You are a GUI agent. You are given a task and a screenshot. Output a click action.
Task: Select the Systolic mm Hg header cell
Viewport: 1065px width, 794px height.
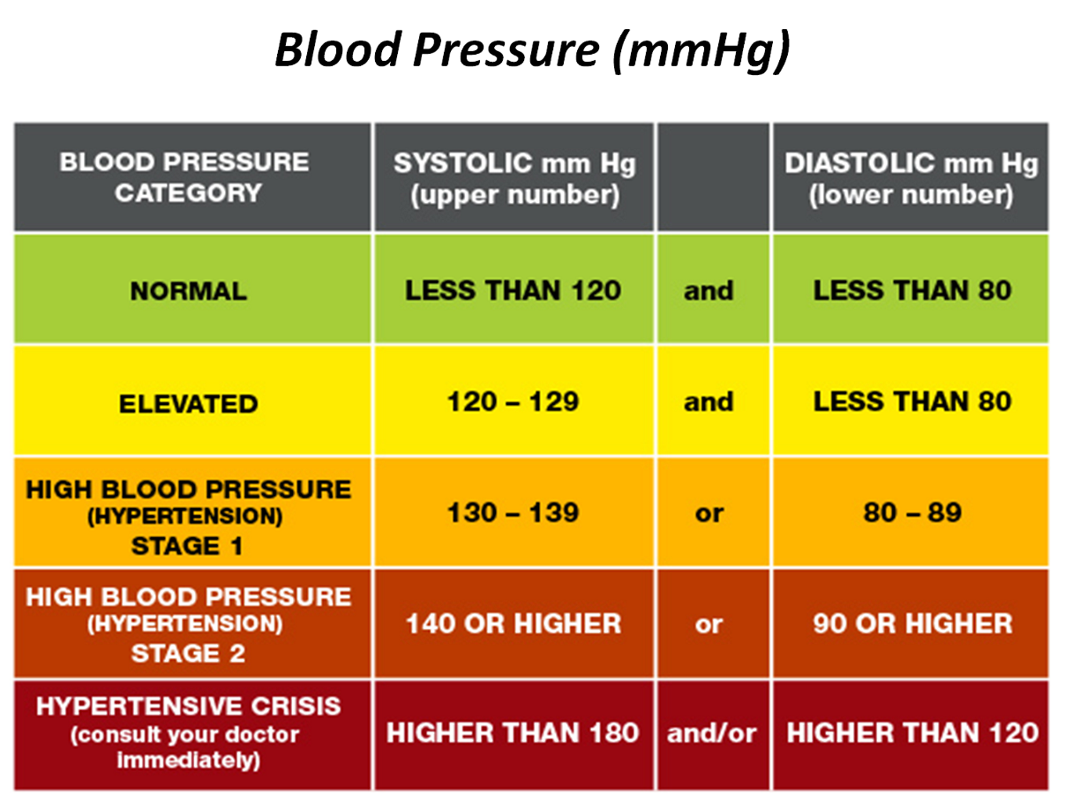point(514,177)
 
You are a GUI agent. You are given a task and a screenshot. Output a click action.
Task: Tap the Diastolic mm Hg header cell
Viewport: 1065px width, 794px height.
point(911,177)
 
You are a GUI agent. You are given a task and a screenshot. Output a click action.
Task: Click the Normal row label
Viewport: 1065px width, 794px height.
point(189,291)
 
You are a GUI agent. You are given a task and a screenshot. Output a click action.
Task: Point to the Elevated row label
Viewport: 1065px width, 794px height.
point(189,403)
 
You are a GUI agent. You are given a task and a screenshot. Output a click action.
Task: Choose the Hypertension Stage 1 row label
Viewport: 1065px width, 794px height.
point(189,517)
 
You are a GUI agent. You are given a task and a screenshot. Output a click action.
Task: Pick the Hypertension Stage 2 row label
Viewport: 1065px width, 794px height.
point(189,625)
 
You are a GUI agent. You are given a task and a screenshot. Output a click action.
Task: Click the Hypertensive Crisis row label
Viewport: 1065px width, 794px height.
point(189,733)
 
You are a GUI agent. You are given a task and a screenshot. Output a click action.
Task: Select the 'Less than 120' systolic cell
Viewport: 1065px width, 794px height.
point(514,290)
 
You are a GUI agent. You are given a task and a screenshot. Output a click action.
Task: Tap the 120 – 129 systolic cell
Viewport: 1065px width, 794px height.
point(514,402)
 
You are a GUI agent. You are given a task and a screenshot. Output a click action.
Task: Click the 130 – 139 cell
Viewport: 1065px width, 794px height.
point(514,513)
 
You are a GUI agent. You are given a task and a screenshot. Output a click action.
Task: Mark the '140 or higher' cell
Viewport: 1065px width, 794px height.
point(514,624)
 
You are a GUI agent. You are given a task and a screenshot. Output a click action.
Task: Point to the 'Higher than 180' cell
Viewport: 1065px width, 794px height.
point(514,733)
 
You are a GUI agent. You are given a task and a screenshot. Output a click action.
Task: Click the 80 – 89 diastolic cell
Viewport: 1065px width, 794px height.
point(912,513)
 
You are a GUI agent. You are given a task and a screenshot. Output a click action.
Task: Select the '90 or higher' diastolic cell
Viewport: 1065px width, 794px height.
point(912,624)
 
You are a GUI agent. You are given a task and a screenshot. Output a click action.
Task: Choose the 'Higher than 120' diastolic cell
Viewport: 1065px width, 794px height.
point(912,733)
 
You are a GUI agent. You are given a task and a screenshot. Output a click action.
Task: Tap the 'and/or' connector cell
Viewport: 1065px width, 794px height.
point(712,733)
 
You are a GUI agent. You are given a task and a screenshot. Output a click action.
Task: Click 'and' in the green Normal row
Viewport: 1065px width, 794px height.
point(709,290)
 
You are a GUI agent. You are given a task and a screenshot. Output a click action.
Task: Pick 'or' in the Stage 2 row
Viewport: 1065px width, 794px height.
point(709,624)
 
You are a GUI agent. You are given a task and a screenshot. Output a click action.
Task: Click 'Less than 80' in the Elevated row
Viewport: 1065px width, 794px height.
point(912,402)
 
